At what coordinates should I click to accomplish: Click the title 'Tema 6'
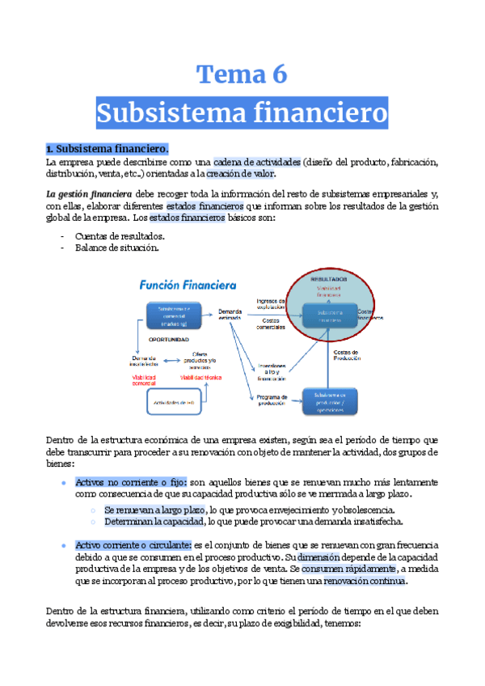point(242,74)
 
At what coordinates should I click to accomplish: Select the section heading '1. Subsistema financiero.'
point(107,149)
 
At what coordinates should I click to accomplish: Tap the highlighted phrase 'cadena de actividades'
point(257,162)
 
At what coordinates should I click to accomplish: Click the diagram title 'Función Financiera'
point(187,285)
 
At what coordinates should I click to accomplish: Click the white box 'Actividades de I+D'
point(177,400)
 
